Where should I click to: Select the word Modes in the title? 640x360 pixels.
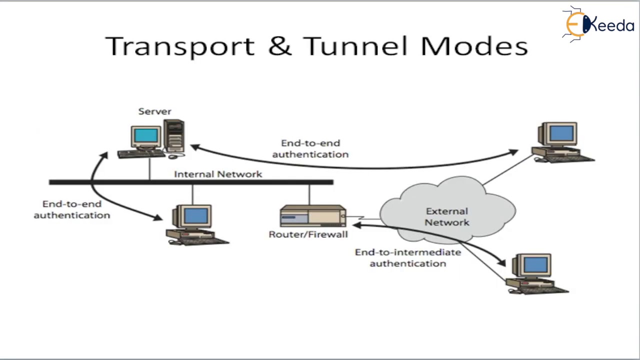pos(474,46)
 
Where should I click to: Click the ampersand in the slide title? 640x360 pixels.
pos(279,46)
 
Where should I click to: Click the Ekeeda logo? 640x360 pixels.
pos(597,23)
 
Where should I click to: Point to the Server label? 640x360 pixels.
pos(154,111)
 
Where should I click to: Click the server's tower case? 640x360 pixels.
pos(174,135)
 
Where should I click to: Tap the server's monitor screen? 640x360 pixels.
pos(145,135)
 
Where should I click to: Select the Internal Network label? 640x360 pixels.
pos(217,174)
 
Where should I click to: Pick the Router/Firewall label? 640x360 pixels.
pos(308,234)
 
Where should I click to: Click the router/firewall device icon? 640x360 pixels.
pos(312,216)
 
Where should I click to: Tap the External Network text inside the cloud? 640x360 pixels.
pos(446,216)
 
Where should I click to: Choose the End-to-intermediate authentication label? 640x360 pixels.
pos(408,257)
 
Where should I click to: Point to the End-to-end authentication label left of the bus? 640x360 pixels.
pos(71,209)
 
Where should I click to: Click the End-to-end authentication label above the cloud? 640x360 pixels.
pos(310,148)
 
